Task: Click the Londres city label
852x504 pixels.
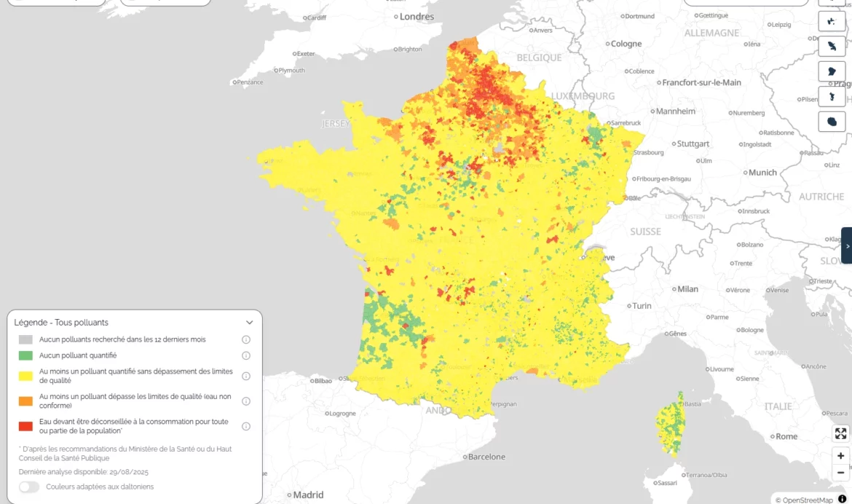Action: (417, 16)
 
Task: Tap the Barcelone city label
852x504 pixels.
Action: (486, 457)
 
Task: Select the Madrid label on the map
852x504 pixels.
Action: (308, 495)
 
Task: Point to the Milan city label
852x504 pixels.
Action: (687, 289)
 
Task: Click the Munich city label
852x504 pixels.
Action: (762, 173)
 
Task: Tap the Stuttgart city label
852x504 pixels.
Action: (693, 144)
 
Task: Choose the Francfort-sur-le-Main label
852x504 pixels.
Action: (701, 82)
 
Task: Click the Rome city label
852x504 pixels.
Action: (786, 436)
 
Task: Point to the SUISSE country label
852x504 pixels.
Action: (645, 232)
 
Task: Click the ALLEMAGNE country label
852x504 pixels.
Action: (711, 33)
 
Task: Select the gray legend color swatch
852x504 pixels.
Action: (25, 339)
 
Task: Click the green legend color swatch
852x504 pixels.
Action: (25, 355)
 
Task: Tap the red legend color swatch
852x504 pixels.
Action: (25, 426)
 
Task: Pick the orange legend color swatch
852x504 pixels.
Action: (25, 401)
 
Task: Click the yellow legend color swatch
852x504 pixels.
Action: (25, 376)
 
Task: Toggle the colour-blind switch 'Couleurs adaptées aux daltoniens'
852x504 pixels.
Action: (29, 487)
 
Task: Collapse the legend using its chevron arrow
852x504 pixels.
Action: (249, 323)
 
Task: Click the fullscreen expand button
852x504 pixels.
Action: (840, 434)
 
